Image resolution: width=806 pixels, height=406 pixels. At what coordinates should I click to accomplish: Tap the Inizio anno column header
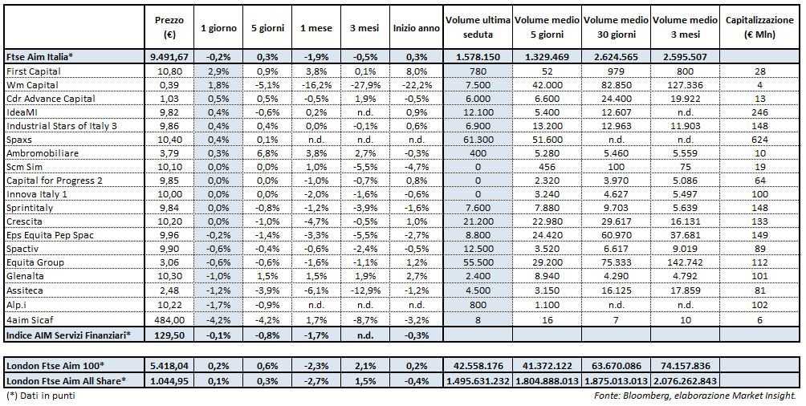pos(416,28)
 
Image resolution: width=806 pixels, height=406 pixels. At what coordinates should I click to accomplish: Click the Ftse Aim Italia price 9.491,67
pos(169,57)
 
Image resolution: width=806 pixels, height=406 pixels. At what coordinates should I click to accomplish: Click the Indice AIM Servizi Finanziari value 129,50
pos(172,334)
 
